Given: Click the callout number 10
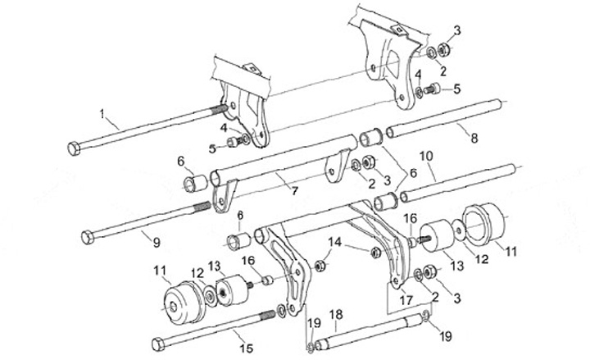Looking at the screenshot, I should (x=426, y=156).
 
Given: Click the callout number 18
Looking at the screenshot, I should (x=335, y=315).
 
